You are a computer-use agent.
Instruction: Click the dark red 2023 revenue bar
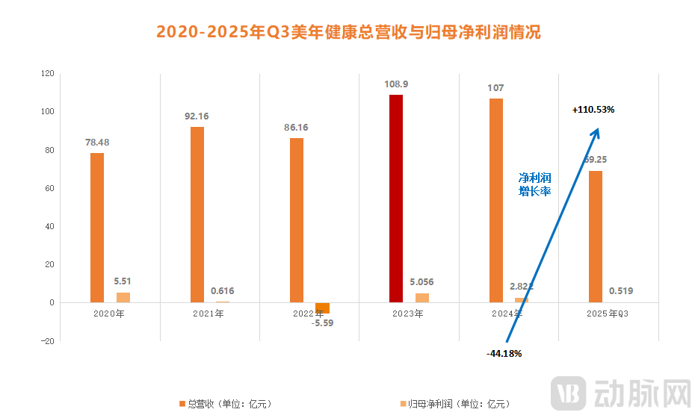[x=396, y=199]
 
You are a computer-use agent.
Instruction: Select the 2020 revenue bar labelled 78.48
[x=97, y=228]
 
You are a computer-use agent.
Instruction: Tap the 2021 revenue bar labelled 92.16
[x=197, y=214]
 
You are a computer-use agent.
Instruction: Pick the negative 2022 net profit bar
[x=322, y=308]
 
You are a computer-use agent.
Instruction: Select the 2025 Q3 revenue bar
[x=596, y=237]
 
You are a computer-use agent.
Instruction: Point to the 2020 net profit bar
[x=123, y=297]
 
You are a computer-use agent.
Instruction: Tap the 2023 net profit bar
[x=422, y=298]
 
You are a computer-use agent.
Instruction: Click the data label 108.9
[x=395, y=84]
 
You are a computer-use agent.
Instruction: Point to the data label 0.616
[x=223, y=291]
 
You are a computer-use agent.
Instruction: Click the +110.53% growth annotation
[x=593, y=110]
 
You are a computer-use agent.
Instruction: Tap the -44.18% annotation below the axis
[x=504, y=353]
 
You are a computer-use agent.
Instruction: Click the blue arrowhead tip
[x=597, y=128]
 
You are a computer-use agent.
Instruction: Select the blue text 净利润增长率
[x=535, y=184]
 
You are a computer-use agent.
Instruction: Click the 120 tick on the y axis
[x=48, y=73]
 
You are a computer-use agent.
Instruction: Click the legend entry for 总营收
[x=225, y=404]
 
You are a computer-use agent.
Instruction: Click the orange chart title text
[x=348, y=32]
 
